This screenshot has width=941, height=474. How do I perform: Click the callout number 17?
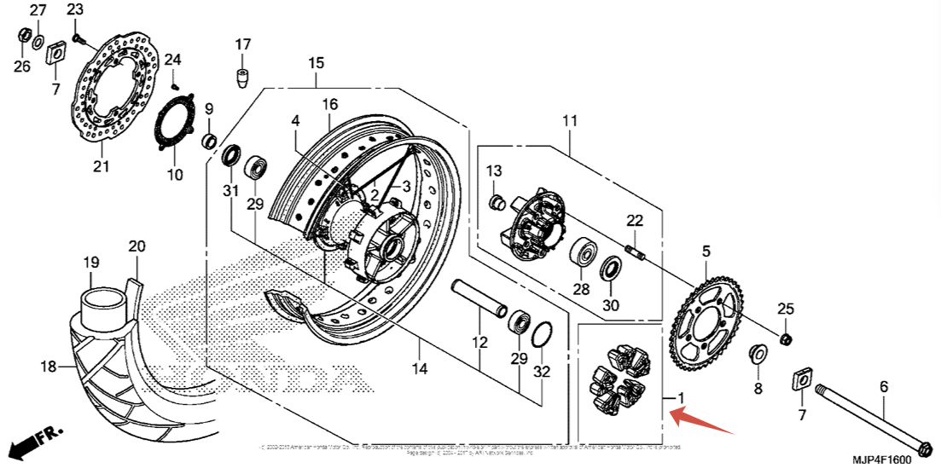(x=243, y=44)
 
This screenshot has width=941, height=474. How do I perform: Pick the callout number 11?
(x=570, y=120)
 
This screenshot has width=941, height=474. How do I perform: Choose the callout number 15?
(x=317, y=63)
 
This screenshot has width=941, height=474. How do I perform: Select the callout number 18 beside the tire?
(x=48, y=367)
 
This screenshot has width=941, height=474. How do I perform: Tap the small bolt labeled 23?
(x=78, y=38)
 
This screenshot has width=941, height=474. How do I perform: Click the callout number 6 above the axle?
(x=884, y=387)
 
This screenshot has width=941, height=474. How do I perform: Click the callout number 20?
(x=137, y=247)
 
